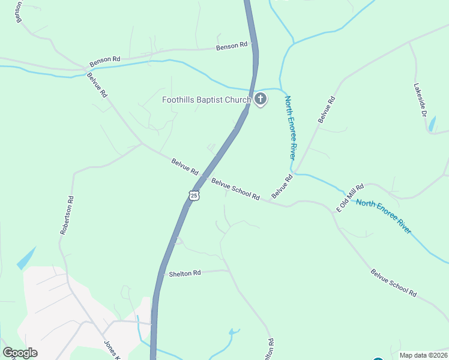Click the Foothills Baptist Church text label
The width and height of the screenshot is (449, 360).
tap(206, 100)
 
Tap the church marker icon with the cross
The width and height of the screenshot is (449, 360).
tap(260, 99)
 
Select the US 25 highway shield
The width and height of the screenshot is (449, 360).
tap(193, 195)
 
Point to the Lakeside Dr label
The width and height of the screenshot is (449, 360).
tap(421, 100)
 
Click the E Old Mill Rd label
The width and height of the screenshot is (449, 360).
tap(350, 199)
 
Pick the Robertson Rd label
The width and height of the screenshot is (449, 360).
tap(67, 215)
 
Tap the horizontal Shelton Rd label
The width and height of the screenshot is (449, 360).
tap(185, 273)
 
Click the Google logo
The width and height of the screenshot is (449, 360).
tap(20, 353)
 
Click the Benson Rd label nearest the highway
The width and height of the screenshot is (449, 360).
tap(232, 46)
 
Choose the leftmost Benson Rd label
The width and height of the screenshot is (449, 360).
tap(105, 61)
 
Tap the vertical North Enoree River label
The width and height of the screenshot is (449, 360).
tap(291, 127)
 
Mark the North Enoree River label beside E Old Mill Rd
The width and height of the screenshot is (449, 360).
tap(384, 217)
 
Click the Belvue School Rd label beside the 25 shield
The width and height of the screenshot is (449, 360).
tap(235, 188)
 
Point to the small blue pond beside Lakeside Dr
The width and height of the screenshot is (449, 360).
tap(432, 124)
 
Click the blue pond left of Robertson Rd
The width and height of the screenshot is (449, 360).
tap(26, 259)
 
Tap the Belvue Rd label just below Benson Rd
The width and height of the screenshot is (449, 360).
tap(97, 85)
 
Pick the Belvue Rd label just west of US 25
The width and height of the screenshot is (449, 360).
tap(184, 166)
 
